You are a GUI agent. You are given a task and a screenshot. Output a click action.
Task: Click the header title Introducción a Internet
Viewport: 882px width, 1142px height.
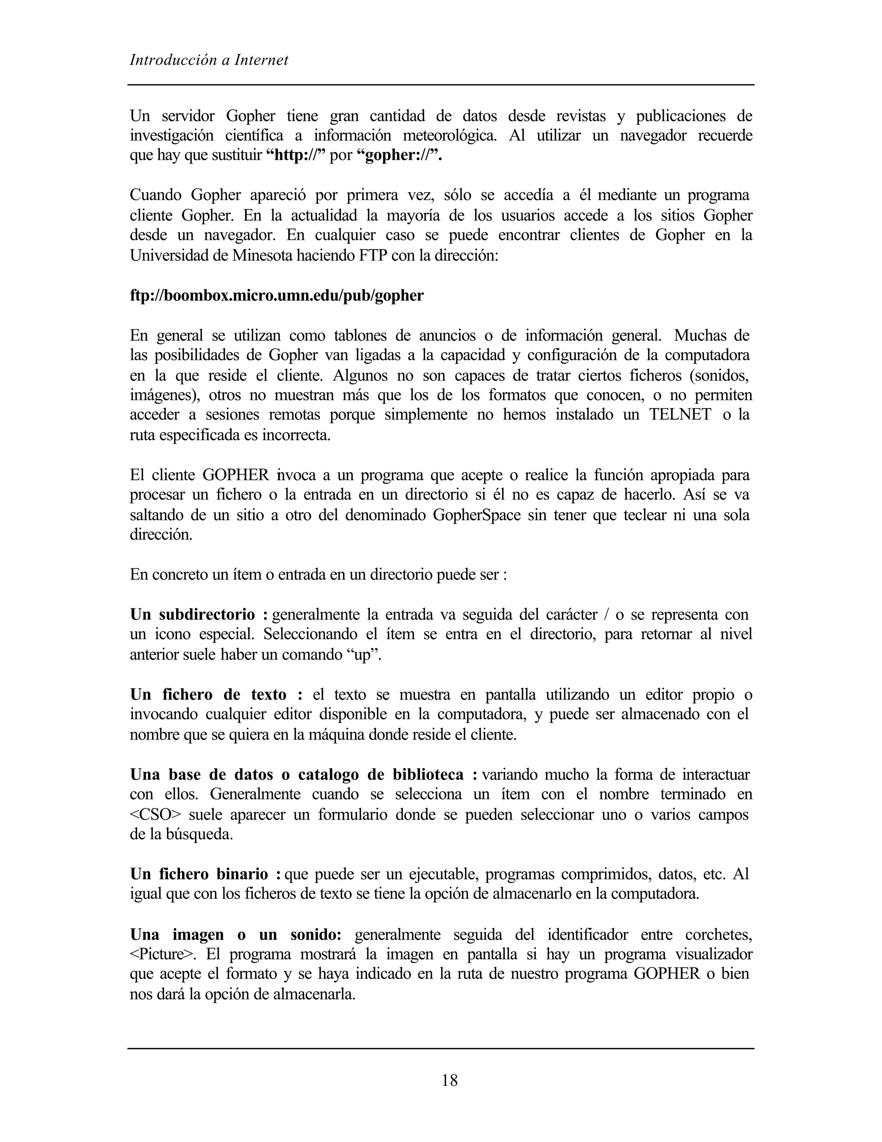(x=208, y=61)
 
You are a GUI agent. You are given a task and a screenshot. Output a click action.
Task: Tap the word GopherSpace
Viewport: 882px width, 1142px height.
(x=477, y=515)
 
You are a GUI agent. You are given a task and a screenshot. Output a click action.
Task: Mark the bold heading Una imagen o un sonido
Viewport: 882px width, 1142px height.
(x=235, y=934)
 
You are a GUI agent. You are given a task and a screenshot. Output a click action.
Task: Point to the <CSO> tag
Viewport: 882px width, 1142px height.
(x=155, y=814)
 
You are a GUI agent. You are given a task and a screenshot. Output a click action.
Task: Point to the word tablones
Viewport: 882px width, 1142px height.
(x=356, y=335)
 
